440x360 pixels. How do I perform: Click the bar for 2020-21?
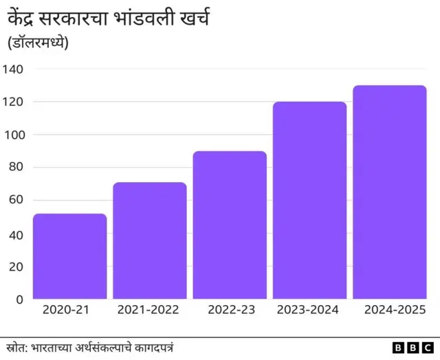click(69, 256)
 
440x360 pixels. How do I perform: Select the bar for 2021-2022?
click(150, 240)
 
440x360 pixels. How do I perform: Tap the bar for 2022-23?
click(230, 225)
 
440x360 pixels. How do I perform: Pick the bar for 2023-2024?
click(309, 200)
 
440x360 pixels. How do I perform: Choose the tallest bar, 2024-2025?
click(390, 192)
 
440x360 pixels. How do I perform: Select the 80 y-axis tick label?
click(16, 167)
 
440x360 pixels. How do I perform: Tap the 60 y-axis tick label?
click(16, 200)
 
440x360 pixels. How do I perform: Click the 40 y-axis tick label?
click(16, 234)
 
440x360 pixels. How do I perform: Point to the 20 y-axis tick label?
click(16, 267)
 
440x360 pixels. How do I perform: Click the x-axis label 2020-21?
click(66, 310)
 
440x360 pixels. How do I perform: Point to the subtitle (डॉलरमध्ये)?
click(42, 43)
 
